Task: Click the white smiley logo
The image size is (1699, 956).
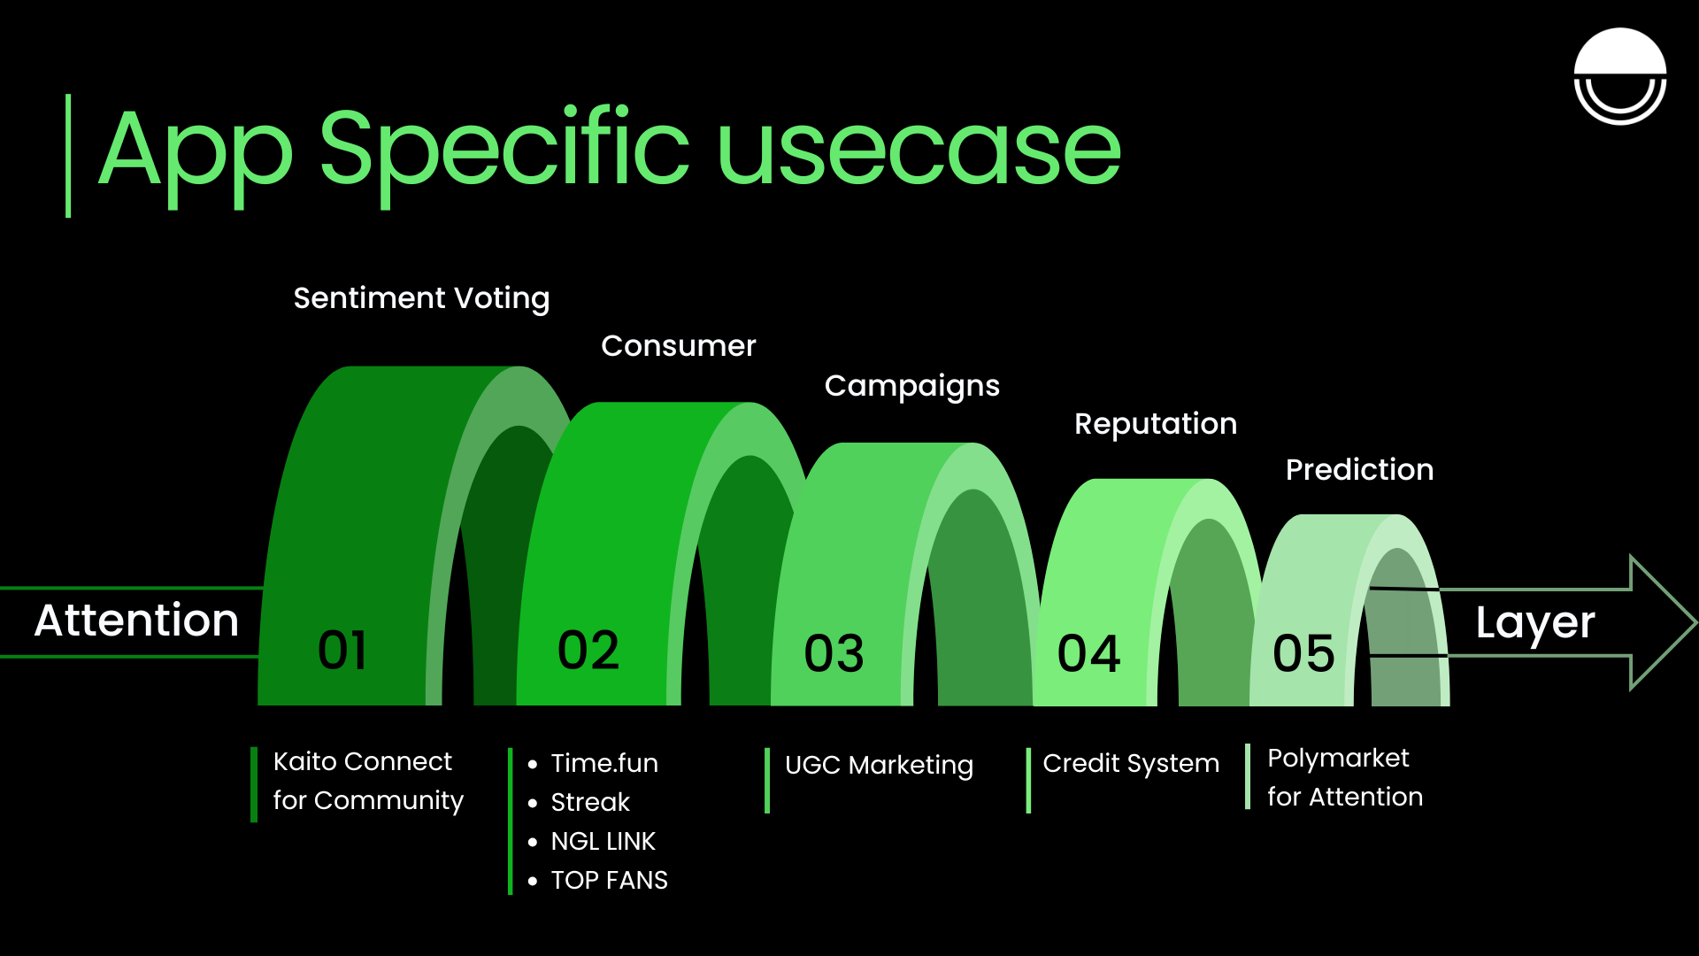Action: click(x=1619, y=76)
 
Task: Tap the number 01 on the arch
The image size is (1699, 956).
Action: click(x=342, y=651)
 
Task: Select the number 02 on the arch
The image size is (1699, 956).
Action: click(x=588, y=651)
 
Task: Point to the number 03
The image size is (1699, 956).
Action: click(x=834, y=654)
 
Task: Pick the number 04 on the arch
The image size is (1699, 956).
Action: click(x=1088, y=654)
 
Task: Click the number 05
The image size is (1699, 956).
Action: click(x=1303, y=654)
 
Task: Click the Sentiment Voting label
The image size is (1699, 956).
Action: click(x=421, y=298)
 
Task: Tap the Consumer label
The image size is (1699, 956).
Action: click(x=678, y=346)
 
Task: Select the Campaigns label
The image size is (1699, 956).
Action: click(x=911, y=386)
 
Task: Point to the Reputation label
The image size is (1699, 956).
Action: click(x=1155, y=424)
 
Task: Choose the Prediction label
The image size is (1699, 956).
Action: click(x=1359, y=470)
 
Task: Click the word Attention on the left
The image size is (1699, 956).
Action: click(x=136, y=621)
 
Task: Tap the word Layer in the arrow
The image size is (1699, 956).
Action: click(x=1534, y=623)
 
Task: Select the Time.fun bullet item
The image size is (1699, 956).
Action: click(x=604, y=763)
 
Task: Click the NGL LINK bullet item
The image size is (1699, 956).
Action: click(x=603, y=841)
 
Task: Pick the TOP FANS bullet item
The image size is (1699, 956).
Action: click(x=609, y=880)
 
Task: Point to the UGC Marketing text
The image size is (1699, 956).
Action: click(x=879, y=765)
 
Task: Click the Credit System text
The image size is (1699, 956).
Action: click(x=1131, y=763)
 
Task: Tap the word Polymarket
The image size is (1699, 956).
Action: click(x=1338, y=759)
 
